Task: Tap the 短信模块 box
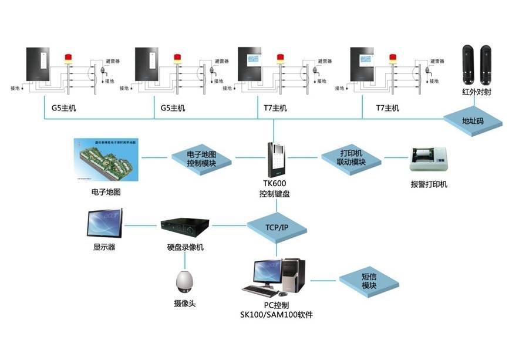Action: coord(369,280)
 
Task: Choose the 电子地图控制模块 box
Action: coord(201,158)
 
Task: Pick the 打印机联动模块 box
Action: coord(352,157)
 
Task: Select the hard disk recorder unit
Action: coord(185,225)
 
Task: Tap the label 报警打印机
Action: coord(429,184)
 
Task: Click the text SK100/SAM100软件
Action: coord(276,315)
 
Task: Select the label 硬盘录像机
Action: coord(185,247)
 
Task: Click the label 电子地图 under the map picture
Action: coord(106,192)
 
